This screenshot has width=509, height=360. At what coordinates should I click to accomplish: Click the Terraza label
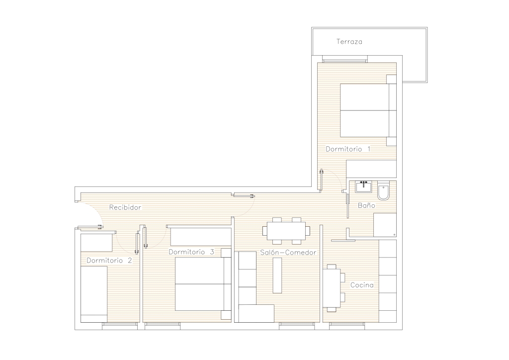click(349, 42)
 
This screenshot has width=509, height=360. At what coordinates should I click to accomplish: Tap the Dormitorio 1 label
click(348, 149)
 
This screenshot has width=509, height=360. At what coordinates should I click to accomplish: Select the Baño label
click(366, 205)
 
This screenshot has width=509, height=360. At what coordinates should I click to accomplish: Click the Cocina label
click(362, 285)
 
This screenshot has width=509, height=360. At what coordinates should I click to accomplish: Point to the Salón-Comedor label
click(288, 253)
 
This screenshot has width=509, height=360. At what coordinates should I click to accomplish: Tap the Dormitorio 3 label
click(191, 252)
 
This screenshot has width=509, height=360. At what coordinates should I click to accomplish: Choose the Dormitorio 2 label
click(109, 261)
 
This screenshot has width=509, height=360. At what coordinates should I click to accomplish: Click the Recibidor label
click(125, 207)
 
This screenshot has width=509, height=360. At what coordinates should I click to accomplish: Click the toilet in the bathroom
click(383, 191)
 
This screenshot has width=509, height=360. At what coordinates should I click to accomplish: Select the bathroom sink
click(363, 187)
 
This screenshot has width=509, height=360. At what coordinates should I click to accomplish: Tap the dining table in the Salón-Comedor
click(286, 231)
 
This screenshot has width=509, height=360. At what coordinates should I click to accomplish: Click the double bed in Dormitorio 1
click(368, 110)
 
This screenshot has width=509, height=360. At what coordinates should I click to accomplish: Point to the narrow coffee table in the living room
click(277, 275)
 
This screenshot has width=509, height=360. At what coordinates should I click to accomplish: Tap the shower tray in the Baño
click(385, 225)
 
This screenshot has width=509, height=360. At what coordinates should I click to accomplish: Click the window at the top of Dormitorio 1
click(345, 59)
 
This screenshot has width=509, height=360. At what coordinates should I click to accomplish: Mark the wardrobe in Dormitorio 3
click(201, 237)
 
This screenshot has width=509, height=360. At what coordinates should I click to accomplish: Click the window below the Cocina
click(347, 326)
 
